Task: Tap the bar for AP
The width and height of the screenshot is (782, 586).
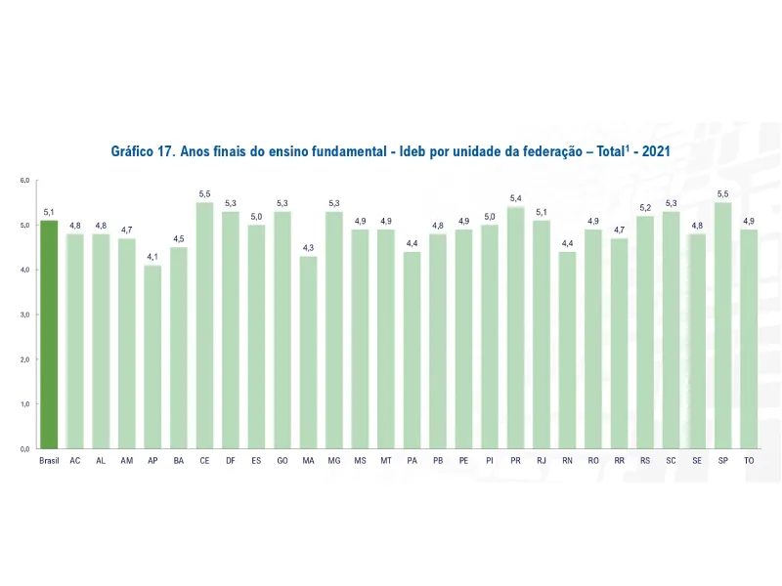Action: [x=152, y=356]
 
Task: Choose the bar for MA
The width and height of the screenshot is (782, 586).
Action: [x=308, y=352]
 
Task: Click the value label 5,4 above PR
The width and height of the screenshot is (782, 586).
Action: [x=515, y=198]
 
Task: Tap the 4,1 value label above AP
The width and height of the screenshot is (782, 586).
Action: [x=152, y=257]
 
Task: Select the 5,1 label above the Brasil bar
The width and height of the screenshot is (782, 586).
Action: [x=49, y=212]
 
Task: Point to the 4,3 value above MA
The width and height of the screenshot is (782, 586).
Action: [x=308, y=248]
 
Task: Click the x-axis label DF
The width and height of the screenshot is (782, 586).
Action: [x=230, y=460]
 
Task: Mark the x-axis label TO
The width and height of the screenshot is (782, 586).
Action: [x=749, y=460]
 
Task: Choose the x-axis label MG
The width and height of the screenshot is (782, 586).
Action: [x=333, y=460]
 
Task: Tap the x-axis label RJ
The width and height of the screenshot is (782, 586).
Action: [x=542, y=460]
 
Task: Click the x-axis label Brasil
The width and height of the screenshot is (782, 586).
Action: [x=49, y=460]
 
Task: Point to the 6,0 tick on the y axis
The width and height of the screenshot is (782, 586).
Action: [x=24, y=181]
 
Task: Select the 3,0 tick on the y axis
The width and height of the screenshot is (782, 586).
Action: [x=24, y=314]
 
